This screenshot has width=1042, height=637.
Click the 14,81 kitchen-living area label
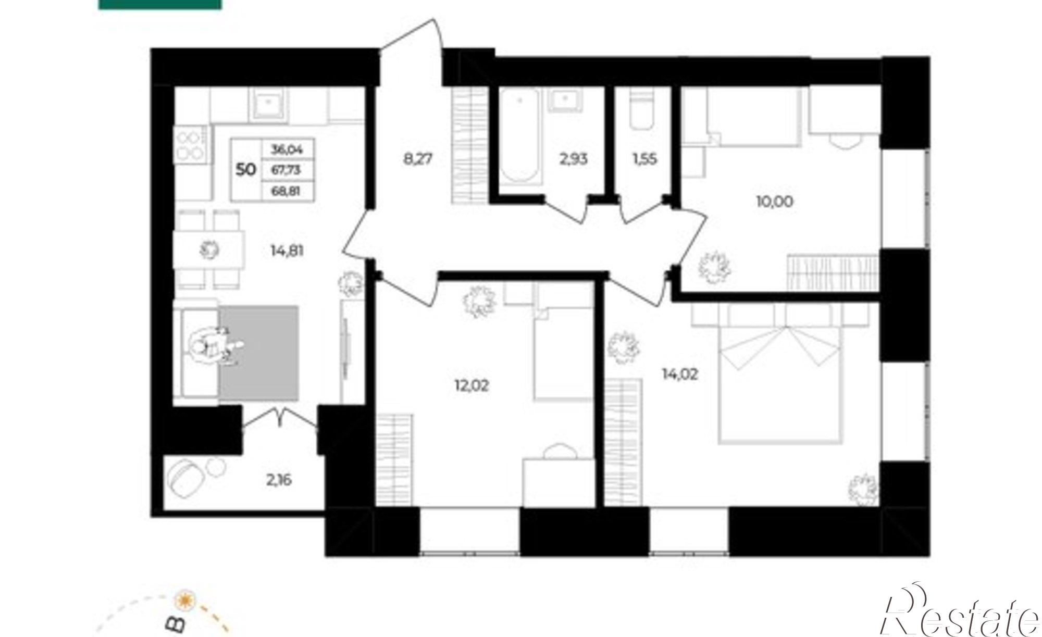(x=287, y=251)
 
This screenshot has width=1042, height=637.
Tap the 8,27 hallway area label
(x=418, y=158)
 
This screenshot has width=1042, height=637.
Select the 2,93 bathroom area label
(x=574, y=159)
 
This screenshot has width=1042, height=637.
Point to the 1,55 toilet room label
(x=644, y=159)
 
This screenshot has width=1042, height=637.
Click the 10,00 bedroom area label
(x=775, y=201)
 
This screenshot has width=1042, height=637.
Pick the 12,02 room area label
(x=472, y=386)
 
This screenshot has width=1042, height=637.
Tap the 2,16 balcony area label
(x=279, y=480)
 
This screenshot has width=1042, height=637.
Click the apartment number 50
(x=245, y=170)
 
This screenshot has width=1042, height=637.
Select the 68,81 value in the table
(x=286, y=191)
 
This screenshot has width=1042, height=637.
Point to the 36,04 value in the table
(x=287, y=150)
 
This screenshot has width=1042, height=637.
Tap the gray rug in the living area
(x=258, y=353)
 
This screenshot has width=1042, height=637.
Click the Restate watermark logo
(x=959, y=615)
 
